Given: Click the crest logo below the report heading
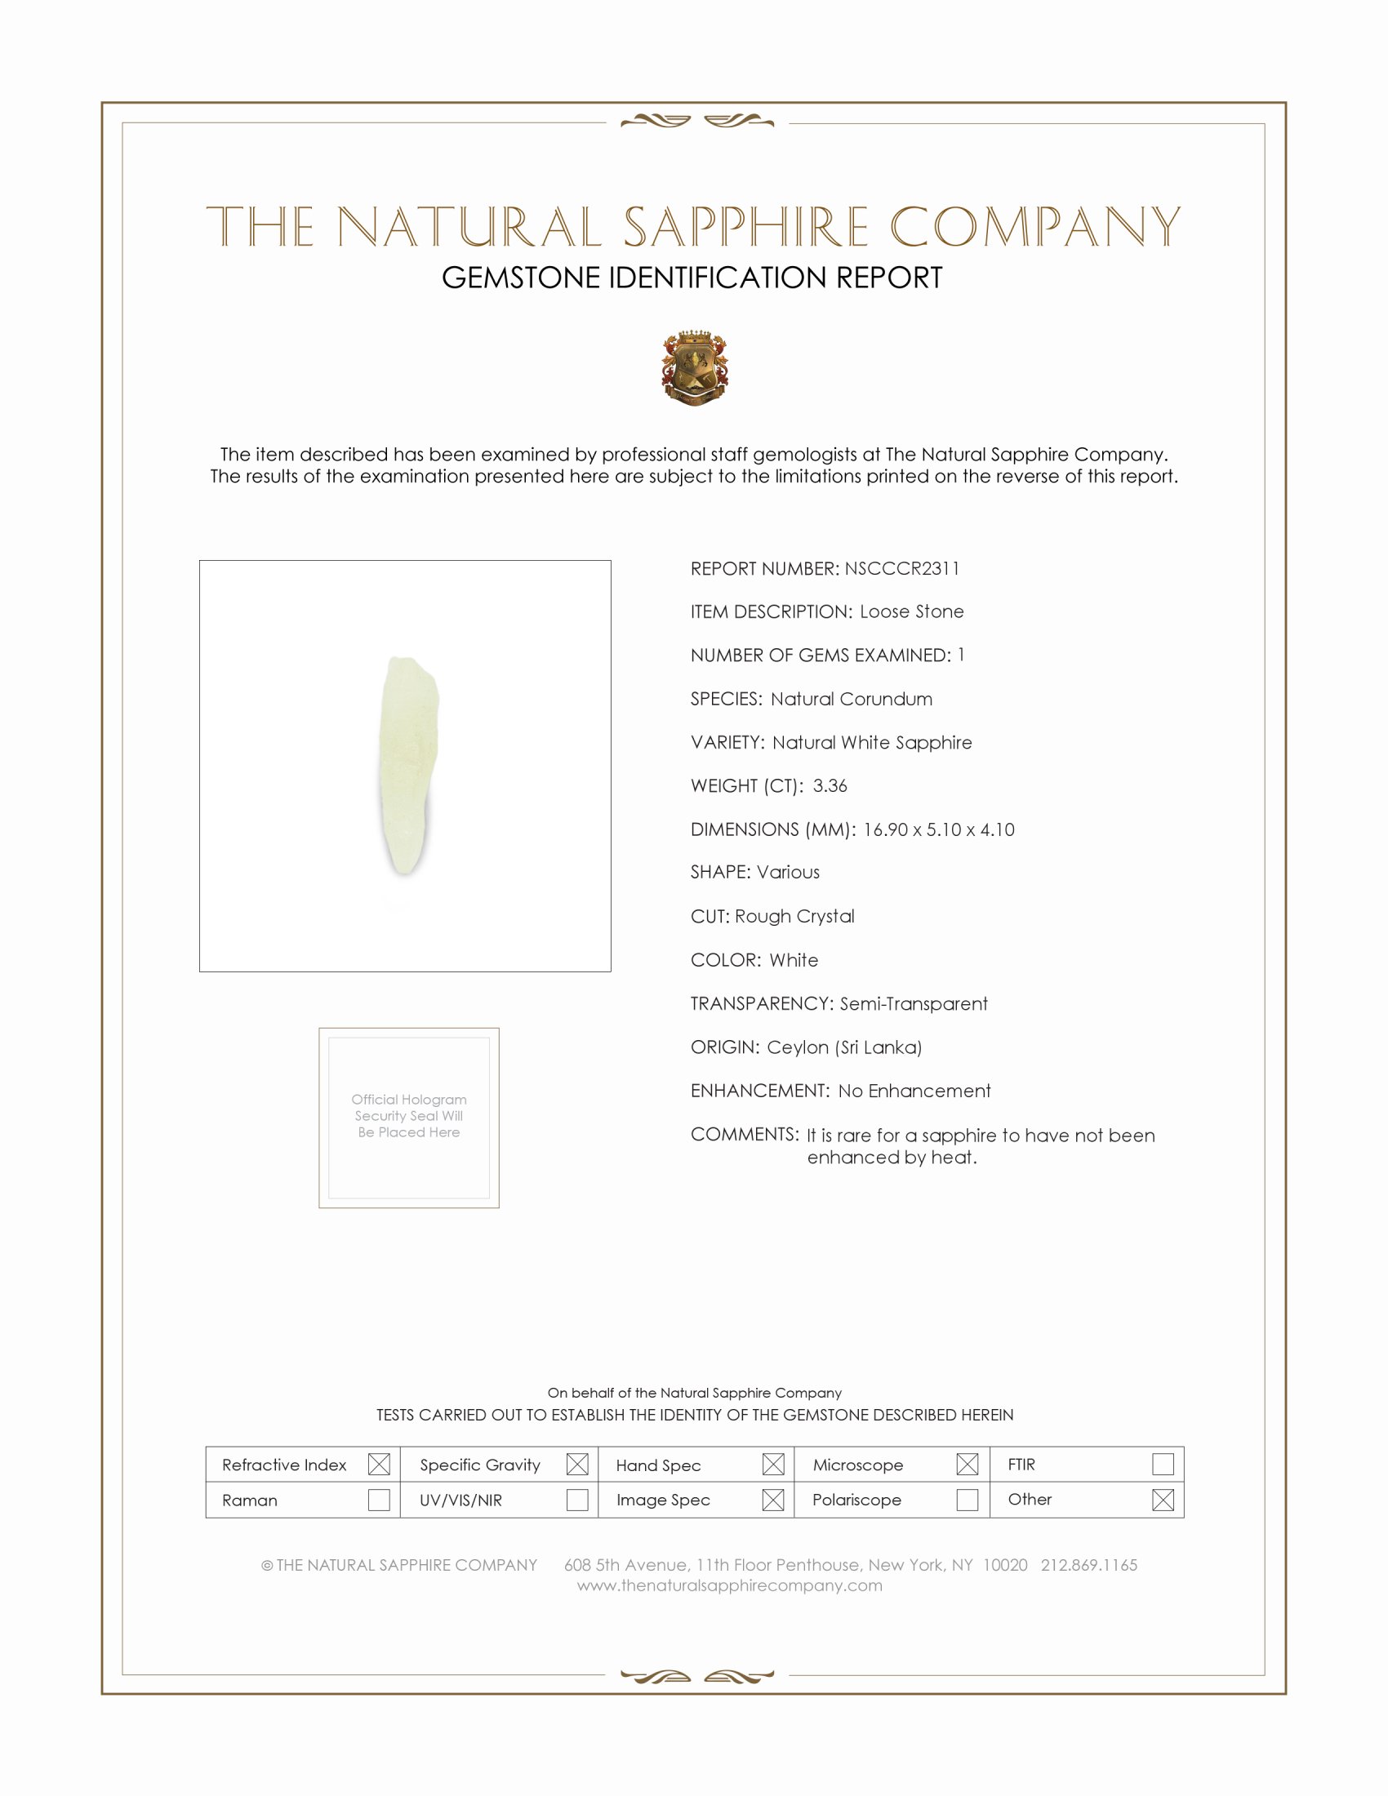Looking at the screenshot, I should (x=695, y=367).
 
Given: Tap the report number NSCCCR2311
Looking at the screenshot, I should (x=901, y=568).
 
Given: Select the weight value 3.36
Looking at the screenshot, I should (x=830, y=785).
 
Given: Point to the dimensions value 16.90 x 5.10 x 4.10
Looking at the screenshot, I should (x=938, y=829).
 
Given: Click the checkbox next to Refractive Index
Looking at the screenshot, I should (x=379, y=1464).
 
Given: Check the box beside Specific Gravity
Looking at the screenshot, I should (x=577, y=1464).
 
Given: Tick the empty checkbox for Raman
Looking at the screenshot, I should (x=379, y=1500).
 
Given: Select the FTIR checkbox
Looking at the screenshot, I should (x=1163, y=1464).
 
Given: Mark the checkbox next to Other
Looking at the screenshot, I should (x=1163, y=1500).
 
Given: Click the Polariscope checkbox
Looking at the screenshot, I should (x=967, y=1500).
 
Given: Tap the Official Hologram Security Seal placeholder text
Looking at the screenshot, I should (x=409, y=1116).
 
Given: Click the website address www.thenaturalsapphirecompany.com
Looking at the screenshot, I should (x=729, y=1585).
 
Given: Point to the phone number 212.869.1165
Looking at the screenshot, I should (x=1088, y=1565).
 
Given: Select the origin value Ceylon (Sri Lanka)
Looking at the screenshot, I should (x=844, y=1047).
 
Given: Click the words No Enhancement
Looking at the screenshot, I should (x=914, y=1091).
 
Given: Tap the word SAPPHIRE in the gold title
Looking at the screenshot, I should (x=745, y=227).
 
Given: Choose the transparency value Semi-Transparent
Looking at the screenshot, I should (x=914, y=1003).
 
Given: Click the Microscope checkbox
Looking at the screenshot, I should (x=967, y=1464).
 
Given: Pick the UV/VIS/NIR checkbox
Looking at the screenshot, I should (x=577, y=1500).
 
